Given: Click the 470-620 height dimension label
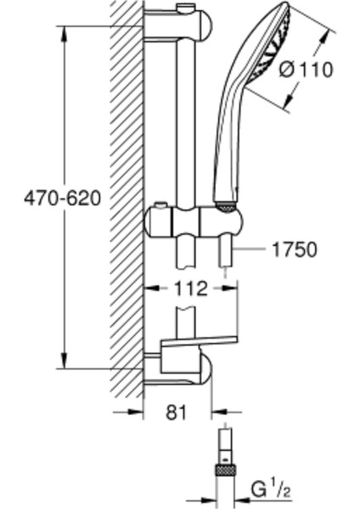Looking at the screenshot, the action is [62, 198].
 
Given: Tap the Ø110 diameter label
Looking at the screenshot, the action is [306, 70].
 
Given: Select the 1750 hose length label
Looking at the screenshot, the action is [294, 249].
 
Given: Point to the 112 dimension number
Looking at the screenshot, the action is [191, 288].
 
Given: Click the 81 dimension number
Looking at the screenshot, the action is [177, 412].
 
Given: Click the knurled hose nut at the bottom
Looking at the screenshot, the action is [225, 470].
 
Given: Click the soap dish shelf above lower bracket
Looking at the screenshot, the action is [199, 342].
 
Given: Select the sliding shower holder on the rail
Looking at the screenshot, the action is [194, 221].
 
